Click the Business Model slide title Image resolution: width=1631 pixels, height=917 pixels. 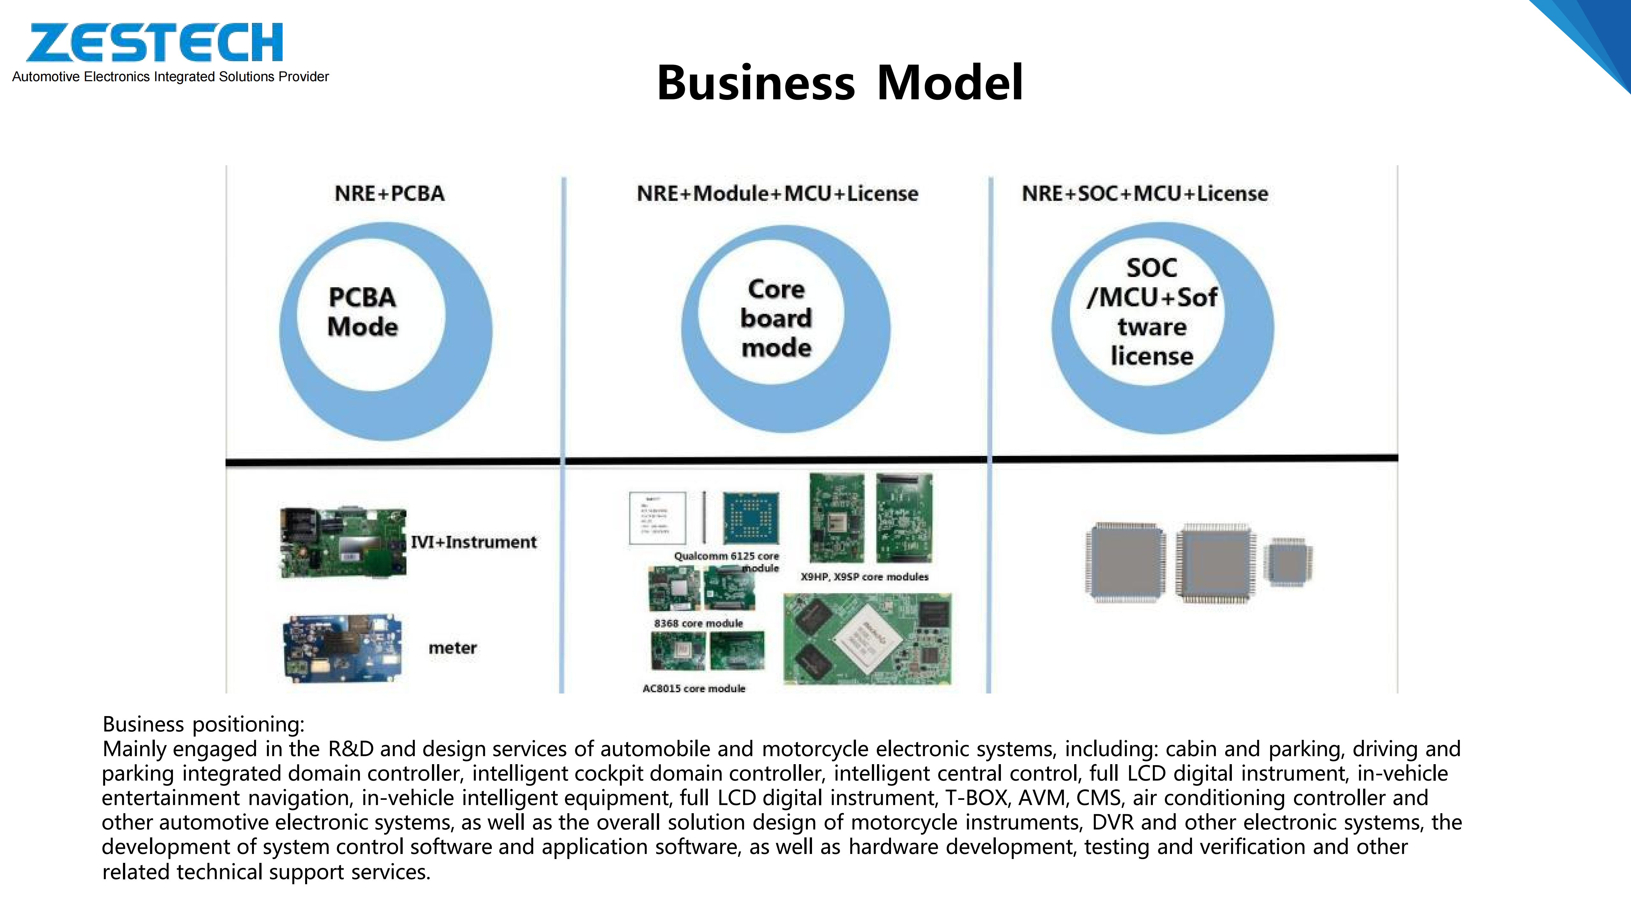point(840,83)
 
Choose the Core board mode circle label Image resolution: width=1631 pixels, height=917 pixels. point(776,318)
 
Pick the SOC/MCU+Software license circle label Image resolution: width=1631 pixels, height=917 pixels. point(1152,312)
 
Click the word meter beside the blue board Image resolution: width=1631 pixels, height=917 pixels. point(452,648)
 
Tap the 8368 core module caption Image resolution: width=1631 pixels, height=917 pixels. point(698,623)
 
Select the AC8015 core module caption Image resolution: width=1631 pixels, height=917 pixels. point(694,688)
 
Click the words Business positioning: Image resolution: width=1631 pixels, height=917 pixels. point(203,724)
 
